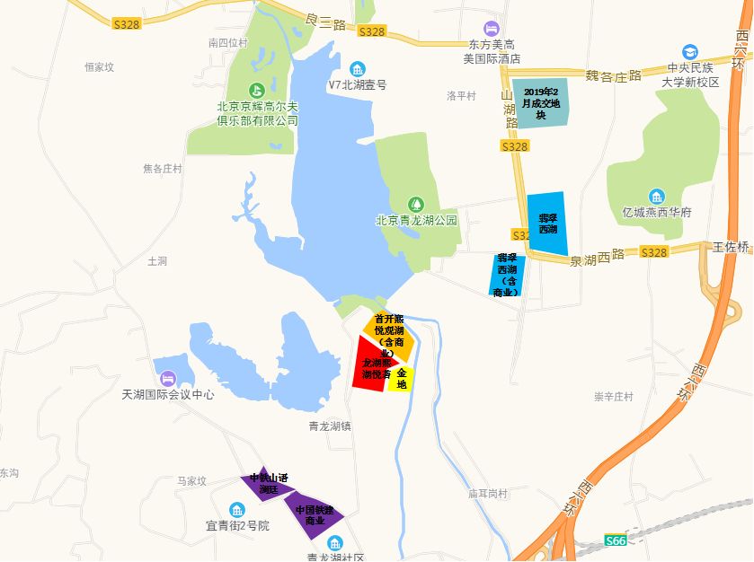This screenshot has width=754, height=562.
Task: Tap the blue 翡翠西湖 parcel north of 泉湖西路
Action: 546,224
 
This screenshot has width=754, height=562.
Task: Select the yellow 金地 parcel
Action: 401,379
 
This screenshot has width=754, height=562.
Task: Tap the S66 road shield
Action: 615,540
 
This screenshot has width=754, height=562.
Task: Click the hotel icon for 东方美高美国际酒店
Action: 491,30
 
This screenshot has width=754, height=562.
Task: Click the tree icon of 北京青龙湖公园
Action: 415,204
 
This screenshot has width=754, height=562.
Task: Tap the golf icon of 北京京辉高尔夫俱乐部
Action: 256,90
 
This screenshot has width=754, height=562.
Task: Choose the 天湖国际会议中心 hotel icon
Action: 168,380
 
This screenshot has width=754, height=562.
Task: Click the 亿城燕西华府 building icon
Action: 657,197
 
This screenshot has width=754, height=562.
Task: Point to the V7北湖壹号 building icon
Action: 358,70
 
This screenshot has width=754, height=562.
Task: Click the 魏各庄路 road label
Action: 614,75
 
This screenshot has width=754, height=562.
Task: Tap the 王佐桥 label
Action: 732,246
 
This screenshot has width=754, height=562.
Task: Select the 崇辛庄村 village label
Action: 614,397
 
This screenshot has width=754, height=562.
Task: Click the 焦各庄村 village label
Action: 162,169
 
